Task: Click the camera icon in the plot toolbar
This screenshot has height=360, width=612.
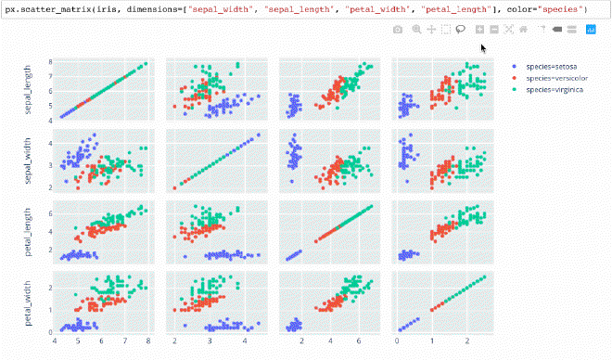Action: [398, 30]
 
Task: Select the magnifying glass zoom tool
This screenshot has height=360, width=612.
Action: [415, 30]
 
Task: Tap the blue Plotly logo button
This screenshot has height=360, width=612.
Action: [590, 30]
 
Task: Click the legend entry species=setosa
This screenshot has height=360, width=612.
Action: [551, 66]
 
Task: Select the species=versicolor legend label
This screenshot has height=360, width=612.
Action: [555, 78]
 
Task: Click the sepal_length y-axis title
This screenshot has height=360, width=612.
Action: [31, 90]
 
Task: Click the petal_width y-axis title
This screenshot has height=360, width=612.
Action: [31, 301]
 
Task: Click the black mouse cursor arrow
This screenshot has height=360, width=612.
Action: [483, 48]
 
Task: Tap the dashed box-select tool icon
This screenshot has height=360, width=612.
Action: [447, 30]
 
